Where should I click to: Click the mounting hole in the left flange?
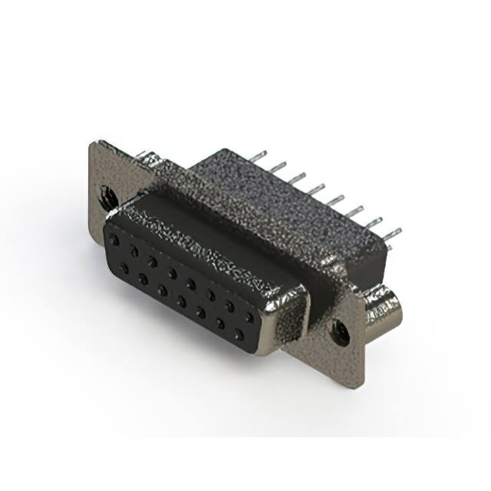pyautogui.click(x=104, y=193)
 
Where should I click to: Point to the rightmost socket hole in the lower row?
pyautogui.click(x=240, y=334)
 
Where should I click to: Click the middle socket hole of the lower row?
pyautogui.click(x=181, y=300)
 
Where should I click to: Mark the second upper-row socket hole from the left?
pyautogui.click(x=135, y=249)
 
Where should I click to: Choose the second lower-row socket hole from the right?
pyautogui.click(x=221, y=323)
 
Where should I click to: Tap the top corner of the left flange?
pyautogui.click(x=91, y=143)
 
